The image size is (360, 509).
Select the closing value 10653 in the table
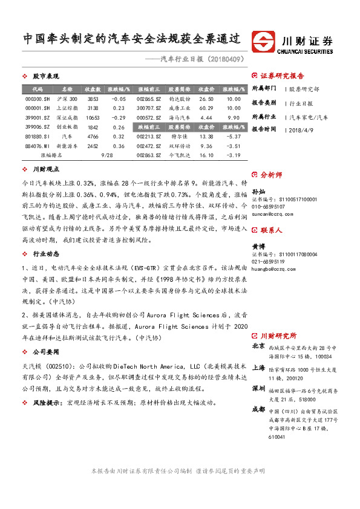click(93, 117)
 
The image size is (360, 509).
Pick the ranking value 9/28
click(108, 155)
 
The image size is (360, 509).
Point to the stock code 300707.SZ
click(148, 108)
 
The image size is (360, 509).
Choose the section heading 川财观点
click(45, 170)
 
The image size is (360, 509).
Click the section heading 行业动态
click(45, 254)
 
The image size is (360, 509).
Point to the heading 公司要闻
click(45, 351)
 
